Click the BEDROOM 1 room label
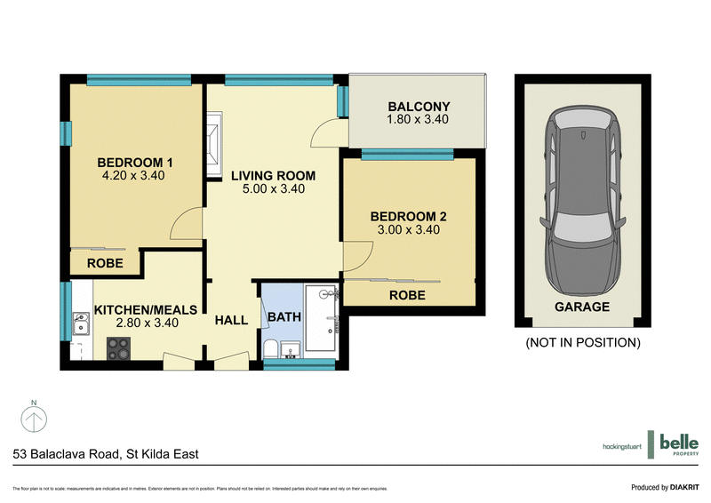(x=134, y=163)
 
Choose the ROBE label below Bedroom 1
(x=105, y=264)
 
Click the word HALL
(x=230, y=323)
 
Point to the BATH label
(x=284, y=316)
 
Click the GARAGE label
(x=582, y=307)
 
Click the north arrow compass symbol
(x=33, y=418)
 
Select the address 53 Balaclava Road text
(x=106, y=454)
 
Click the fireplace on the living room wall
(x=213, y=144)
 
